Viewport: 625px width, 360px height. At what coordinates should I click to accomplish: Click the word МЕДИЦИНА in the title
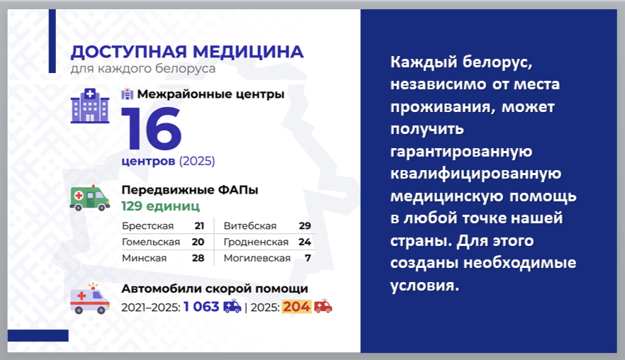[248, 52]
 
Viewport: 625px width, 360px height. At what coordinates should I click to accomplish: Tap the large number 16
[152, 129]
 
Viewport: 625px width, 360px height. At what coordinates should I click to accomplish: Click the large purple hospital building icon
[90, 106]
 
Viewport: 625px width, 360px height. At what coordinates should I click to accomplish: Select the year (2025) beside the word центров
[197, 161]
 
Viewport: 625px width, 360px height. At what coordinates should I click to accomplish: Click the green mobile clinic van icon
[90, 198]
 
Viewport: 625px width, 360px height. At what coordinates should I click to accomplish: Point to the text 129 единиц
[161, 206]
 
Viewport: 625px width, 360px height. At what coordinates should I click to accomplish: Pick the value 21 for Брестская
[199, 226]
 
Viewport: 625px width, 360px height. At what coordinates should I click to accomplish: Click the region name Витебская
[250, 226]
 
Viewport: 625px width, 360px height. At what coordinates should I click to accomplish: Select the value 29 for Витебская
[305, 226]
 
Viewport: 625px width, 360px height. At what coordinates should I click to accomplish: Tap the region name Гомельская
[151, 242]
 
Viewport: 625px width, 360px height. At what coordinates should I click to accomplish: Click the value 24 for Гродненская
[305, 242]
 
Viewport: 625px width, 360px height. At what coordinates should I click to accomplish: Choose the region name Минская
[145, 259]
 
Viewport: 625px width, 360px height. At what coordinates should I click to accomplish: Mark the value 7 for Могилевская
[308, 259]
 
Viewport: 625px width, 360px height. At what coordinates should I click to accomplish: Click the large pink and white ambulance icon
[90, 298]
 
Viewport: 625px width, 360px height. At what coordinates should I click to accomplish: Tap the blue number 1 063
[201, 307]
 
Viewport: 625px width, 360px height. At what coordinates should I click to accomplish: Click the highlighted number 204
[296, 307]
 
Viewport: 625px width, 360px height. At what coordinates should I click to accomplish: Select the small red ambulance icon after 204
[323, 305]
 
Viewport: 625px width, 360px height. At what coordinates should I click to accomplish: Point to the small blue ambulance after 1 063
[232, 305]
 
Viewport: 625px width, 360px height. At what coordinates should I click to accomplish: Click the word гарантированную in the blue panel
[461, 152]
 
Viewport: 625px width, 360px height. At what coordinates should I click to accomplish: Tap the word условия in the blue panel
[425, 286]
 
